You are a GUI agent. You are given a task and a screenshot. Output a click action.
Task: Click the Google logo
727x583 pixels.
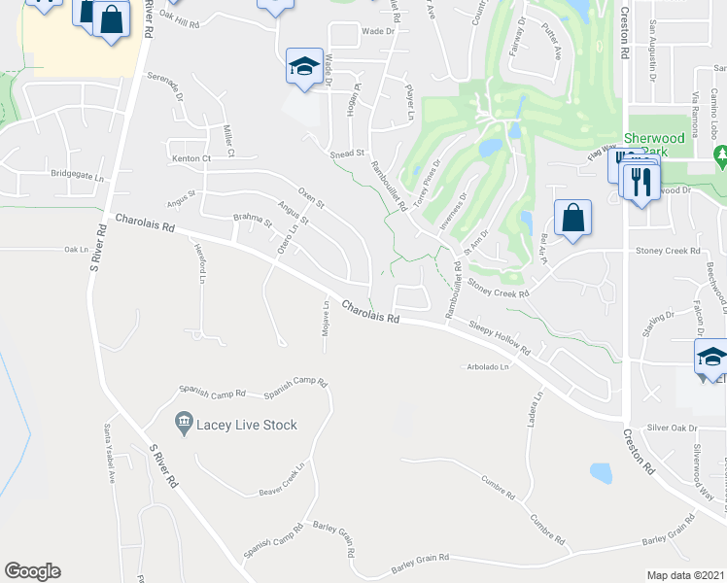[x=32, y=571]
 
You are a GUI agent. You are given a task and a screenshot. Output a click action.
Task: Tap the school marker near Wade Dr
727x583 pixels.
[x=304, y=67]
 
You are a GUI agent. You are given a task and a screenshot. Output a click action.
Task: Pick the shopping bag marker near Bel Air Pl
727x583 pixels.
[x=573, y=218]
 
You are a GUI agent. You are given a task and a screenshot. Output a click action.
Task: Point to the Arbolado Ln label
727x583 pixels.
[x=486, y=366]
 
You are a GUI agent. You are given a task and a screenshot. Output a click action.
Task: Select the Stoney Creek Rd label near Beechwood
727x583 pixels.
[x=668, y=251]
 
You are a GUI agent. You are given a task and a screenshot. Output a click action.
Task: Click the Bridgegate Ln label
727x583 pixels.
[x=77, y=176]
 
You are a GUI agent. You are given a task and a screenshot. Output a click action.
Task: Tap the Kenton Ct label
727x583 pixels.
[x=191, y=157]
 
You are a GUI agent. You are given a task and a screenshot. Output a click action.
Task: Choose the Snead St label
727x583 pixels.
[x=346, y=154]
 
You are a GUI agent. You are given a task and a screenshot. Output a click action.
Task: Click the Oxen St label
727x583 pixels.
[x=310, y=198]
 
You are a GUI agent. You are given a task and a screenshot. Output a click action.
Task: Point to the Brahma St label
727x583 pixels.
[x=253, y=221]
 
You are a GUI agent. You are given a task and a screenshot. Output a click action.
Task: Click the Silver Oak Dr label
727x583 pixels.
[x=673, y=428]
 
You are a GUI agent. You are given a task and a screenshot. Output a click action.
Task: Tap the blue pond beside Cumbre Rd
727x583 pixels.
[x=602, y=473]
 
